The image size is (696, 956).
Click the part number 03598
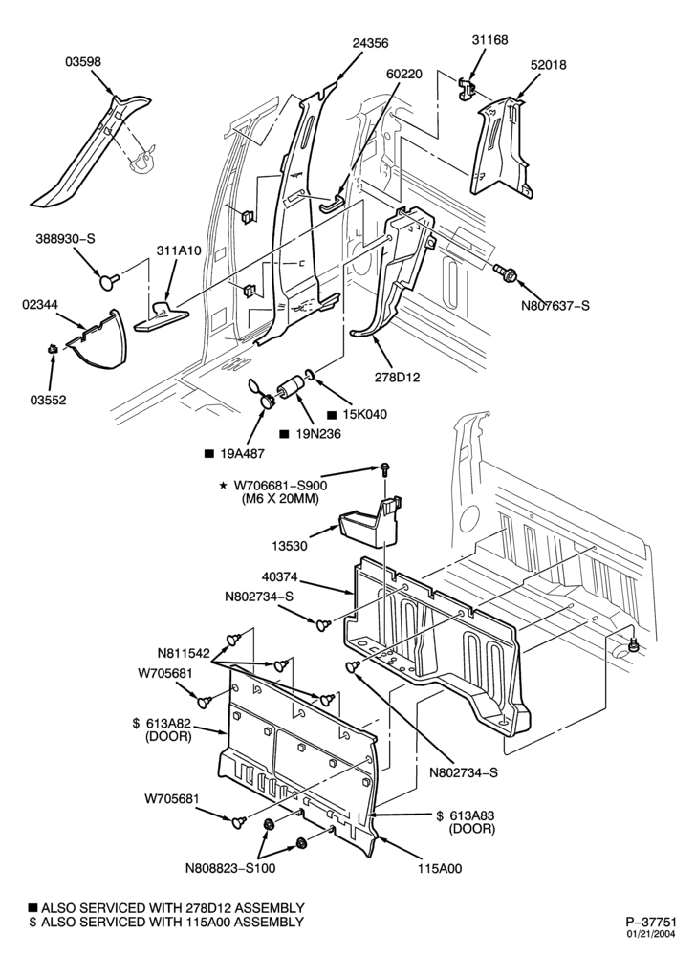point(83,61)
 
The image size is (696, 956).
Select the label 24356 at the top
point(370,43)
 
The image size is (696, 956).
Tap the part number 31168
point(489,39)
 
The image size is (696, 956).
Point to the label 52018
point(548,65)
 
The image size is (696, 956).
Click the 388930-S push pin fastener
point(109,281)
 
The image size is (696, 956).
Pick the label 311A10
point(179,250)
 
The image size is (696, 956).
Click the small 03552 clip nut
point(53,349)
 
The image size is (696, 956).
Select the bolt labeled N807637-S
point(505,272)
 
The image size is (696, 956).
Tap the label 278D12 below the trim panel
point(398,378)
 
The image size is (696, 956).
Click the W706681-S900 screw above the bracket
point(384,468)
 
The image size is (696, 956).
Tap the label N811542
point(185,654)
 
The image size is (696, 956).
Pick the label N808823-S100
point(229,868)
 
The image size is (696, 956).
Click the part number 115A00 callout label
point(440,869)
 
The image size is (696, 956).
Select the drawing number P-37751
point(651,922)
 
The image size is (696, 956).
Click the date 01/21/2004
point(654,934)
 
